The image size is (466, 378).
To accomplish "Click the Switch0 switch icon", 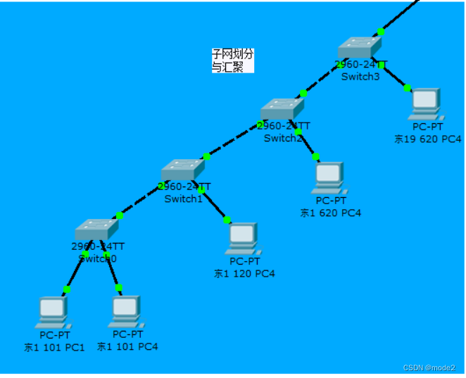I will (x=96, y=230).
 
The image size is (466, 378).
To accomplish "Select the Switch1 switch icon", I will (x=182, y=170).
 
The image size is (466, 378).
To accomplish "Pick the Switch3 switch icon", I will (x=359, y=47).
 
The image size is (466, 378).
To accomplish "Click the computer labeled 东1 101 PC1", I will (x=51, y=311).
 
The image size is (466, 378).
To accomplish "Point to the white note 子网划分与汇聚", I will (x=232, y=60).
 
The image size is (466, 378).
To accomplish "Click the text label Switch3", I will (x=360, y=77).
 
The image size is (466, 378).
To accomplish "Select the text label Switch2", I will (x=283, y=138).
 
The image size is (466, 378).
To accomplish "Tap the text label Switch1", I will (x=184, y=199).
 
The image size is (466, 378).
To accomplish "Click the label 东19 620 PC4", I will (x=428, y=139).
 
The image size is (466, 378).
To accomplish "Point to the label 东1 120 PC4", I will (x=244, y=273).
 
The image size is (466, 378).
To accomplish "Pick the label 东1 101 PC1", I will (x=54, y=347).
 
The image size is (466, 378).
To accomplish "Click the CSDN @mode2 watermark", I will (x=429, y=367).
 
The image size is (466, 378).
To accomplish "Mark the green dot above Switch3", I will (x=381, y=31).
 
